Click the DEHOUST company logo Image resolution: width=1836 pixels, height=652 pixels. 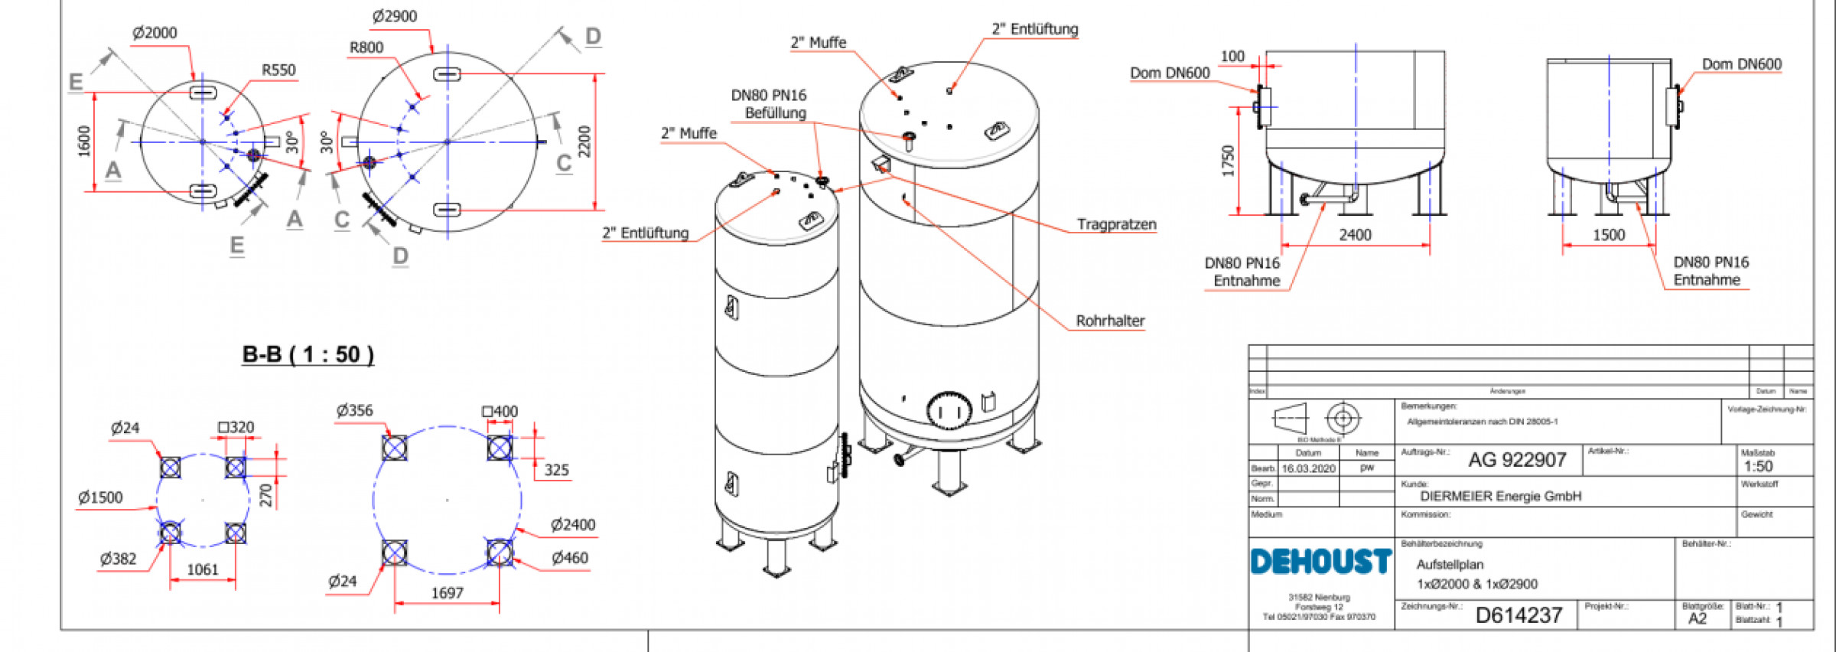click(1320, 561)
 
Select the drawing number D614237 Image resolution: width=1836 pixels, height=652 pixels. click(1519, 615)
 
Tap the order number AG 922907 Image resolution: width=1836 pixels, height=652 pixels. click(1517, 460)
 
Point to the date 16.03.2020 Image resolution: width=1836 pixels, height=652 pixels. click(1308, 468)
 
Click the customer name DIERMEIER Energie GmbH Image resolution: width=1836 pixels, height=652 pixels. click(1500, 496)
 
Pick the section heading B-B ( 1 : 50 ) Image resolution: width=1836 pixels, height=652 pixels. click(308, 354)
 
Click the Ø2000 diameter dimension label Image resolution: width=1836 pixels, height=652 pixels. click(155, 33)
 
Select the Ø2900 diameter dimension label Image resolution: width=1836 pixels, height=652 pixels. click(395, 16)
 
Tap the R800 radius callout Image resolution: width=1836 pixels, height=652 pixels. click(366, 47)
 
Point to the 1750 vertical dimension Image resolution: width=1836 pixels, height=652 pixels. click(1229, 161)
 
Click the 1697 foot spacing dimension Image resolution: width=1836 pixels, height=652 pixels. click(447, 593)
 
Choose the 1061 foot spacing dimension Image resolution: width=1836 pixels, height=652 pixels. click(203, 569)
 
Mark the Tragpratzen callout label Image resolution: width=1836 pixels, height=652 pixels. click(1116, 224)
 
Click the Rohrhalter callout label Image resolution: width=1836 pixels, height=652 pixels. click(1110, 321)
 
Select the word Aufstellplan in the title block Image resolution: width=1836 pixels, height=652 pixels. click(1450, 564)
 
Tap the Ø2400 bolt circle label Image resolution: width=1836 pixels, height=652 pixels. click(573, 524)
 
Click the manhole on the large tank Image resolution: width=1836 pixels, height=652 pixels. click(949, 410)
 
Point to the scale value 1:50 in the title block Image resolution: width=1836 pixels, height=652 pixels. click(1758, 466)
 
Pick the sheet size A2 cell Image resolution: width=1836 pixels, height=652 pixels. click(1697, 618)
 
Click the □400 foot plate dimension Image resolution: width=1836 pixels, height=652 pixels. click(500, 412)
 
